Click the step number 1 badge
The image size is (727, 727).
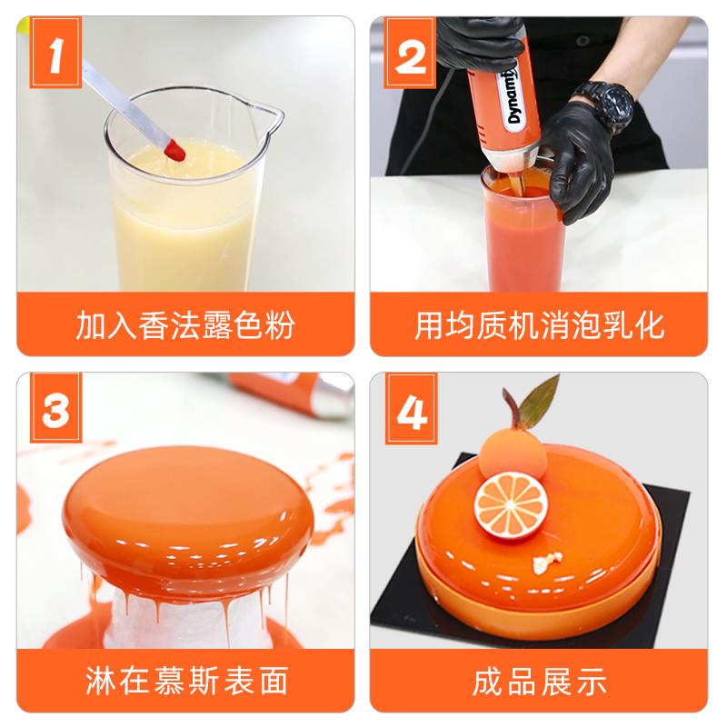point(55,53)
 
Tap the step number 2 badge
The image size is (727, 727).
point(410,53)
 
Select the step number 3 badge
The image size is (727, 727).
point(55,408)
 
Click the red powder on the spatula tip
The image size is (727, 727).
point(175,150)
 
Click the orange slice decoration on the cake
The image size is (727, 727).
point(511,506)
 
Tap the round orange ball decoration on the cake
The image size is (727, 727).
point(513,454)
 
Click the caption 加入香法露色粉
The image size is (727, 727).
point(185,325)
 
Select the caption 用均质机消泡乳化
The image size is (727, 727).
point(539,325)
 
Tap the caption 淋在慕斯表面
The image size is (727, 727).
point(186,681)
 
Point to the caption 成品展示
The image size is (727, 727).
point(540,681)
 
